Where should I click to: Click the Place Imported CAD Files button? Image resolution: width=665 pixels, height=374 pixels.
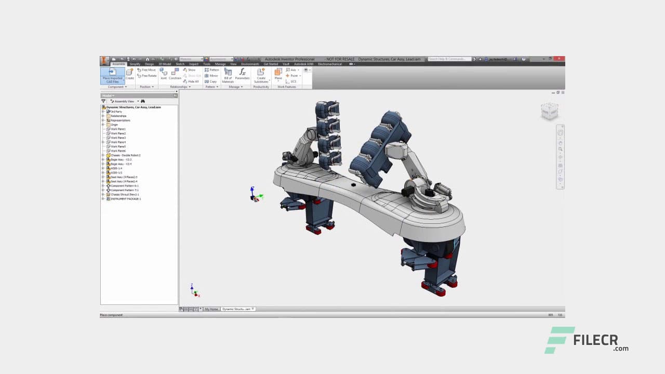(112, 75)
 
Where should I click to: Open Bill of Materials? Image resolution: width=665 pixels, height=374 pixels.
(228, 75)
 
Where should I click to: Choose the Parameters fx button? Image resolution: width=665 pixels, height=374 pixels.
(242, 74)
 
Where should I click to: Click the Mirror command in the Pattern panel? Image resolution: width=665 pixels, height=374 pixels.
(211, 76)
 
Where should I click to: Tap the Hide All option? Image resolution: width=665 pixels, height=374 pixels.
(191, 82)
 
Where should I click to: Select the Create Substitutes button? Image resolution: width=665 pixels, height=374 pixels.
(261, 75)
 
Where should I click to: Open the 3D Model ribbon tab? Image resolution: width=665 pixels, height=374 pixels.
(165, 64)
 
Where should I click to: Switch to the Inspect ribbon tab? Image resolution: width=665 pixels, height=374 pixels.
(193, 64)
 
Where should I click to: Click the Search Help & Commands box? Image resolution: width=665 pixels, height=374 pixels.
(449, 59)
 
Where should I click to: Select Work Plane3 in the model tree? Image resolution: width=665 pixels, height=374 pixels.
(118, 138)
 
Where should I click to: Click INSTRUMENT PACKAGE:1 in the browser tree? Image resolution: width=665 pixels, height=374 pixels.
(125, 199)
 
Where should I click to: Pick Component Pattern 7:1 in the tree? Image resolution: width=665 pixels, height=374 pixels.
(124, 190)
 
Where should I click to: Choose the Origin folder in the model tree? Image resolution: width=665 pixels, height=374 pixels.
(114, 125)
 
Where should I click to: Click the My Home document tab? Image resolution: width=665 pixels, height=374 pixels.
(211, 309)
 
